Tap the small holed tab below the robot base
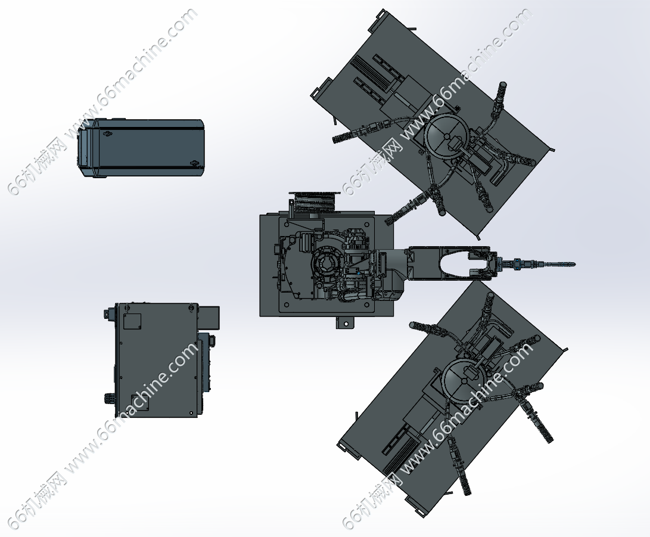click(x=344, y=322)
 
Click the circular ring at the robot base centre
click(x=328, y=265)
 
